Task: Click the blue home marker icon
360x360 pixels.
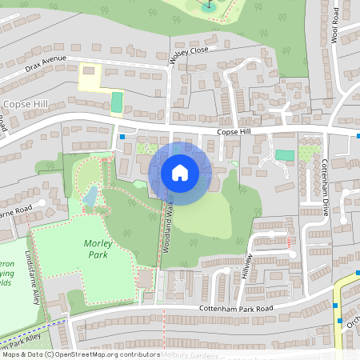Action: pos(180,172)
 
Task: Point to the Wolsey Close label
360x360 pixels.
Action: pos(188,54)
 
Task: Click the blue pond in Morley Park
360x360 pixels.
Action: pos(90,195)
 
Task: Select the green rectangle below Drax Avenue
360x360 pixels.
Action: pos(117,102)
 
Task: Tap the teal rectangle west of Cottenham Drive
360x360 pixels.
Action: pos(284,154)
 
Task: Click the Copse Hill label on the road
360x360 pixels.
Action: pos(234,132)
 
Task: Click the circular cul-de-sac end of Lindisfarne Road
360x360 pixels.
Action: pos(42,204)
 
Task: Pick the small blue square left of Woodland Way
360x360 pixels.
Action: pos(122,137)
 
